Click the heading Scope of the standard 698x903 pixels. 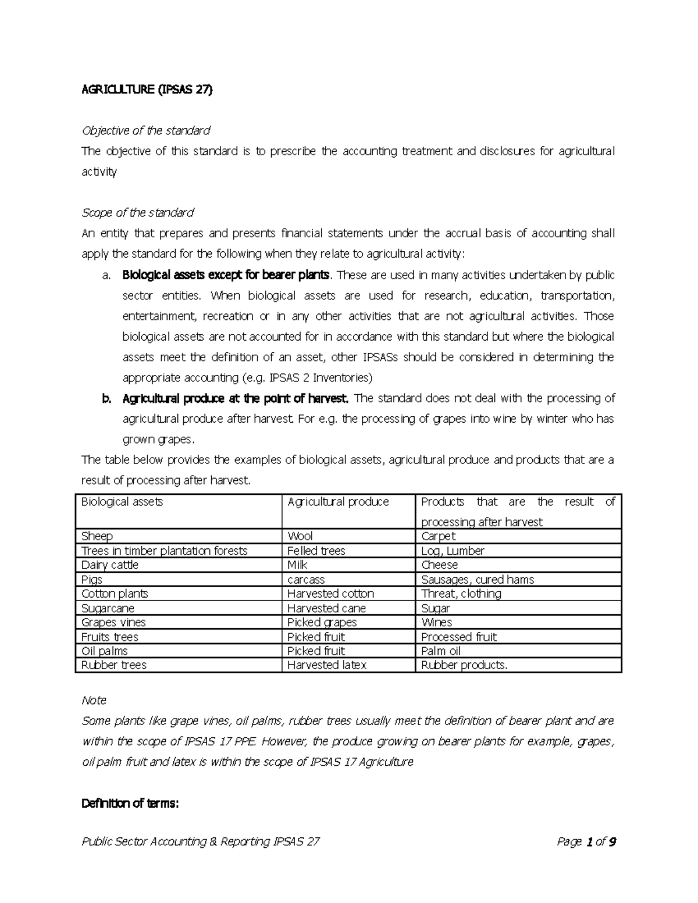[137, 213]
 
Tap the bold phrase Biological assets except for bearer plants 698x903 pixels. [226, 275]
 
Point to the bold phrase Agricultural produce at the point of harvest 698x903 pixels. [236, 398]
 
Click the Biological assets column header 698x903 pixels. [122, 502]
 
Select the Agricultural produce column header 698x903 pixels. [338, 502]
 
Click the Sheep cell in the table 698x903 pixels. [97, 536]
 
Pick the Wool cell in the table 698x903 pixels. [300, 536]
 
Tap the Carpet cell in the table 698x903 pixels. [438, 536]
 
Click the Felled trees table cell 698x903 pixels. [316, 551]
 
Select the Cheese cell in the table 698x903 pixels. [439, 565]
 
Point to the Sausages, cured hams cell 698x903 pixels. [477, 580]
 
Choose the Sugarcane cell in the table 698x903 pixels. [108, 608]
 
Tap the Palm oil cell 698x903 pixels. [440, 651]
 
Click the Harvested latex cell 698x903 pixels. [327, 665]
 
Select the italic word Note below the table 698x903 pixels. [94, 701]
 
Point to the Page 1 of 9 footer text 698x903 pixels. [586, 841]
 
